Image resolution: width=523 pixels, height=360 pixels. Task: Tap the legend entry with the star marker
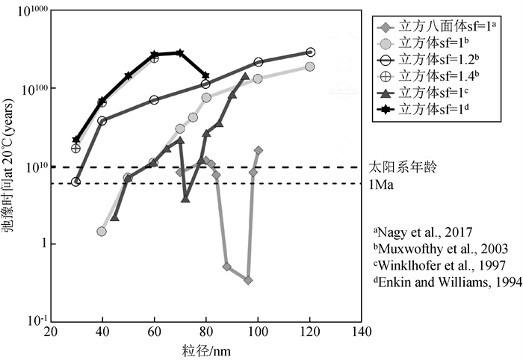427,109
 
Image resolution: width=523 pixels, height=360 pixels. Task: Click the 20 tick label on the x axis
50,332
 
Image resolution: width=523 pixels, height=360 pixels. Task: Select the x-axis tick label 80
205,332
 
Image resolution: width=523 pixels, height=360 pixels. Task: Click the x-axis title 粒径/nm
205,349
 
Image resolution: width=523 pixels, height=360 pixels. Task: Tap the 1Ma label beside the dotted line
382,184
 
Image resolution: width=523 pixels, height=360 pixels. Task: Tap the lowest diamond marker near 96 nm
248,280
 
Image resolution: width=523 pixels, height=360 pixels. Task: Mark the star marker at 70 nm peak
179,53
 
